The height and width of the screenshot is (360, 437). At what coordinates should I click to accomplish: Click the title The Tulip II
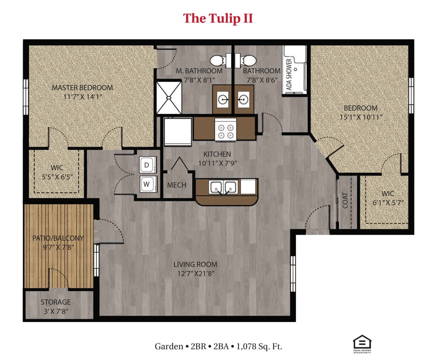[218, 18]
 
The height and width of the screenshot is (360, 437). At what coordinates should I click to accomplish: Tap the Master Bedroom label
[82, 88]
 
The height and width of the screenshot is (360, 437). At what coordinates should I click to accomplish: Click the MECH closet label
[177, 185]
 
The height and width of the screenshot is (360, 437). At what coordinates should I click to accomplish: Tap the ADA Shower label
[289, 75]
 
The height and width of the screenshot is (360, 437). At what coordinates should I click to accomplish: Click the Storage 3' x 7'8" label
[55, 306]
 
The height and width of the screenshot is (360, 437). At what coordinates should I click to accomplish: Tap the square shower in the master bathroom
[169, 98]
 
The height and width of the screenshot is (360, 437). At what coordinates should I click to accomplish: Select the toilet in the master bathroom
[218, 61]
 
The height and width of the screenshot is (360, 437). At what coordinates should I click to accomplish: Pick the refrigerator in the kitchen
[178, 132]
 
